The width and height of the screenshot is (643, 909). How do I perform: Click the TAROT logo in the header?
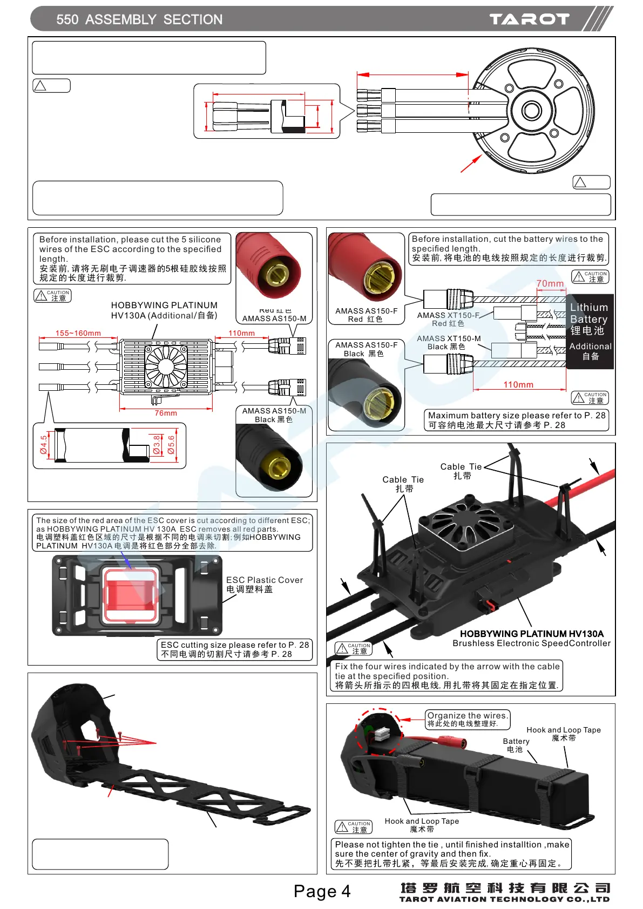click(x=529, y=19)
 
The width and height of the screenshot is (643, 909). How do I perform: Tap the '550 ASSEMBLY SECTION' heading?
click(x=139, y=20)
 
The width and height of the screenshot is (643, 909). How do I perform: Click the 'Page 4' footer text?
click(x=322, y=891)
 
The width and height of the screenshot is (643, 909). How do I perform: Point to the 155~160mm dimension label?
click(x=78, y=333)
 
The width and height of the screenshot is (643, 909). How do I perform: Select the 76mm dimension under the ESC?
click(x=166, y=413)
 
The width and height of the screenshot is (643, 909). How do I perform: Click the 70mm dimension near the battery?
click(x=550, y=283)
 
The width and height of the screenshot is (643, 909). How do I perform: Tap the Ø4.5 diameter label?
click(x=44, y=445)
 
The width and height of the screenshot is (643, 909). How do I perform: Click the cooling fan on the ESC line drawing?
click(x=166, y=367)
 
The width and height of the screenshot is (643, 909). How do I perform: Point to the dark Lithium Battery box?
click(x=590, y=331)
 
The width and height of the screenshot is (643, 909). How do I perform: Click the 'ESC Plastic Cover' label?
click(x=264, y=580)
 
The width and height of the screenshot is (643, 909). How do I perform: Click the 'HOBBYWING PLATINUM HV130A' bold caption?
click(x=531, y=634)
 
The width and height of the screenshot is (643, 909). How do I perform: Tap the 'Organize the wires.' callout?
click(x=468, y=716)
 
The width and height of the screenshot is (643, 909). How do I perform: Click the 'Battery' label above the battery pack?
click(x=516, y=741)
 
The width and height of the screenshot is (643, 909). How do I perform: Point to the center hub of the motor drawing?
click(x=531, y=111)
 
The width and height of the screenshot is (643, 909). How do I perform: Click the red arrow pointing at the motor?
click(x=471, y=164)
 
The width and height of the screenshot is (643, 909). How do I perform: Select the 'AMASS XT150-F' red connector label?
click(x=448, y=315)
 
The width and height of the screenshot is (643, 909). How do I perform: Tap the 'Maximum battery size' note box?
click(x=517, y=420)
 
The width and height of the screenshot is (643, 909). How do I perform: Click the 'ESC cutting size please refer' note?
click(x=235, y=649)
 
